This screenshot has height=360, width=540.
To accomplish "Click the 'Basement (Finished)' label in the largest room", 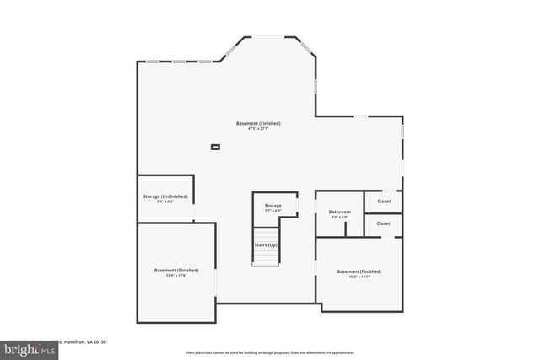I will [258, 123].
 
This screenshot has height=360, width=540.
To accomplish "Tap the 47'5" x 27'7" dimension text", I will [258, 128].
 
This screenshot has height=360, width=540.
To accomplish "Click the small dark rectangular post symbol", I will [215, 147].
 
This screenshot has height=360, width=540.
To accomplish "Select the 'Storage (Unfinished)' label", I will [165, 196].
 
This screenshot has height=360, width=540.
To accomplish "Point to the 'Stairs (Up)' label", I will [266, 244].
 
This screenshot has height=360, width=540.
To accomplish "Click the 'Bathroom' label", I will [339, 212].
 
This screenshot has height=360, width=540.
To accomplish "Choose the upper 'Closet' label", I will [383, 201].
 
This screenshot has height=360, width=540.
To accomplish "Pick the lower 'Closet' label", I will [383, 223].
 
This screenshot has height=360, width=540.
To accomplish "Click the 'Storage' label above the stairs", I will [273, 206].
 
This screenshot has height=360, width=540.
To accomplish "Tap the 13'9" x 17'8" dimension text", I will [176, 276].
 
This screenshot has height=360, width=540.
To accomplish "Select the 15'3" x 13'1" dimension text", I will [359, 277].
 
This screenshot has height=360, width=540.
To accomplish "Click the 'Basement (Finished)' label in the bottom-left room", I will [176, 270].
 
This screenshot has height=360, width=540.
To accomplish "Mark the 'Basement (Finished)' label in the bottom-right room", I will [359, 271].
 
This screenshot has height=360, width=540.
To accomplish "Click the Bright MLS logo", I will [25, 347].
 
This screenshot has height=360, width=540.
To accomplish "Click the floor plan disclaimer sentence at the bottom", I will [269, 352].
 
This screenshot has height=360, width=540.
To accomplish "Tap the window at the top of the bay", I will [270, 37].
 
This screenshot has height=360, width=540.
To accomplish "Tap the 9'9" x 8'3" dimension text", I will [165, 201].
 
